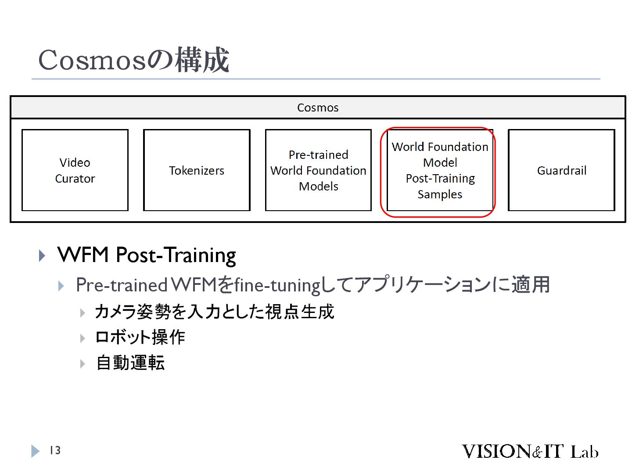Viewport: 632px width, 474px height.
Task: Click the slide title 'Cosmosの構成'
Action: pos(133,60)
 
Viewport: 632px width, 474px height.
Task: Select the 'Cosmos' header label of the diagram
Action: pos(318,108)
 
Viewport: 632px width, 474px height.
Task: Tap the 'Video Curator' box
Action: pos(75,170)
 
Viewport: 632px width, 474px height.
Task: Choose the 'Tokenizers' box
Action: pos(197,170)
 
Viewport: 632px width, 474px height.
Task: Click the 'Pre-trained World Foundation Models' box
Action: pos(318,170)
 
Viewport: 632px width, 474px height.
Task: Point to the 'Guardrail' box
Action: pos(561,170)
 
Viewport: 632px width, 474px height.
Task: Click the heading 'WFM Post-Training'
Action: pos(147,255)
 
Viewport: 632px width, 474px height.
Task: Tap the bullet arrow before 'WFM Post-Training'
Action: pos(42,255)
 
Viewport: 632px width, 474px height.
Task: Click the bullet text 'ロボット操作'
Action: pos(140,337)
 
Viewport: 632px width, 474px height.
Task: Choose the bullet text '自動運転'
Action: pos(130,363)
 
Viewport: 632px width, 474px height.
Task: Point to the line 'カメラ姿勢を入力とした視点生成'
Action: pos(214,312)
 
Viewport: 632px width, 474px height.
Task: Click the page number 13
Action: pos(55,450)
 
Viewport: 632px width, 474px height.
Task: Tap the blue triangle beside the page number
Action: pos(35,451)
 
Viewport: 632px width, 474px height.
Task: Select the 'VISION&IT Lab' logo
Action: pos(530,451)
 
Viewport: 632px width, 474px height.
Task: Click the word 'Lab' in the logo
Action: pos(584,452)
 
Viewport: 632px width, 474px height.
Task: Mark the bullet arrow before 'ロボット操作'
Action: pos(83,338)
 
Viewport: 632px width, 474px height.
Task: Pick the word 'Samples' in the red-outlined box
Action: pos(440,194)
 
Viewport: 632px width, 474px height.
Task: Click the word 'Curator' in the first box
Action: pos(75,179)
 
